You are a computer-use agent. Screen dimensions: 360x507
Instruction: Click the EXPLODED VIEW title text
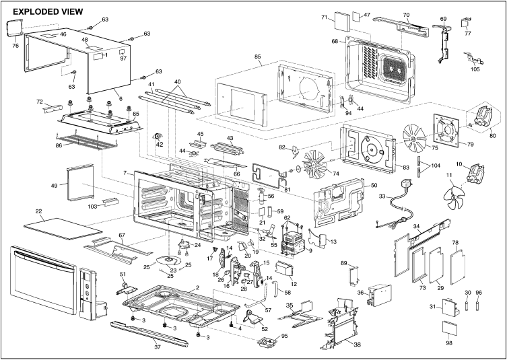[x=48, y=12]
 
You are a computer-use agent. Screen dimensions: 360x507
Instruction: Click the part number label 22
[x=40, y=212]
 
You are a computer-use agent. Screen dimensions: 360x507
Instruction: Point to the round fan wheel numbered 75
[x=413, y=136]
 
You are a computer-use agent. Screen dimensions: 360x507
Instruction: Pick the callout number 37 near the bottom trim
[x=157, y=348]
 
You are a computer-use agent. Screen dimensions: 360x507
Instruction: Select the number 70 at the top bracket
[x=406, y=15]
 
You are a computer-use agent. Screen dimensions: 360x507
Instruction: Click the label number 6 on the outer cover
[x=121, y=99]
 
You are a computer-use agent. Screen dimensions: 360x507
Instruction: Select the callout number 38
[x=357, y=344]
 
